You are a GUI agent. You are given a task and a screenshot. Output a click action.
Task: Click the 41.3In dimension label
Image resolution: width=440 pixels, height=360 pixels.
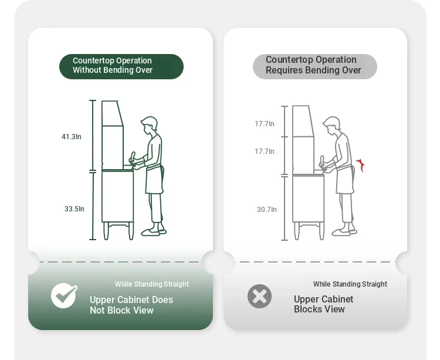(x=71, y=137)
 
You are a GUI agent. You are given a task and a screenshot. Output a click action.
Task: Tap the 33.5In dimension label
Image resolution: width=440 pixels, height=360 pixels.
(x=75, y=209)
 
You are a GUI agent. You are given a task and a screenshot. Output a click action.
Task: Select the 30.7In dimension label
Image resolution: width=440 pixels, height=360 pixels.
(x=266, y=210)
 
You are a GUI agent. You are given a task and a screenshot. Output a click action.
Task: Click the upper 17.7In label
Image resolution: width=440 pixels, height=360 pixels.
(x=265, y=124)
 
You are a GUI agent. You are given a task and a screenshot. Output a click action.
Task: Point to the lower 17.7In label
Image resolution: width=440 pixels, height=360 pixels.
(x=265, y=152)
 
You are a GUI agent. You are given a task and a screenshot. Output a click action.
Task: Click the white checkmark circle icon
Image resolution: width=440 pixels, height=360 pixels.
(x=64, y=296)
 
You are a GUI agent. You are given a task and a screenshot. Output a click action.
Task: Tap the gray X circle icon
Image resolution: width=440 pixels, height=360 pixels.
(x=259, y=296)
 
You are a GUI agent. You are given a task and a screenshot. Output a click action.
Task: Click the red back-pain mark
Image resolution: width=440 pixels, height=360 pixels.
(x=361, y=165)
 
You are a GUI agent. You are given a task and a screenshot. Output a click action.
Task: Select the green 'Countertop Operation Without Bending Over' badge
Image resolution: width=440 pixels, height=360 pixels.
(x=121, y=66)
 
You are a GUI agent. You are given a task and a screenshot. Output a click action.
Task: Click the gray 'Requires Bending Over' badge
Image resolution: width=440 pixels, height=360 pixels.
(x=315, y=66)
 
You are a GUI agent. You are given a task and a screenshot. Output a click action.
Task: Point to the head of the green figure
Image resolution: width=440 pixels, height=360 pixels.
(x=149, y=124)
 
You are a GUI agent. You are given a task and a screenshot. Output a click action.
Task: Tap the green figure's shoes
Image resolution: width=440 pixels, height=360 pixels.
(x=154, y=232)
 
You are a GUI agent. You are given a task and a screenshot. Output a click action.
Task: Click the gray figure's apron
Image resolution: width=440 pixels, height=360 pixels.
(x=345, y=180)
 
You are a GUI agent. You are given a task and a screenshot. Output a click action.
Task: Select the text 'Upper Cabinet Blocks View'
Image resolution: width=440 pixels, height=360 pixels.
(x=323, y=304)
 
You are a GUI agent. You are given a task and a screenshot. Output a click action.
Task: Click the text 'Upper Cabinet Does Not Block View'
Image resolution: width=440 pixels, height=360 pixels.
(x=131, y=305)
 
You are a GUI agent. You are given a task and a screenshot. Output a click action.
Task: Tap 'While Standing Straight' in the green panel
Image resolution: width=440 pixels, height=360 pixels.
(x=152, y=284)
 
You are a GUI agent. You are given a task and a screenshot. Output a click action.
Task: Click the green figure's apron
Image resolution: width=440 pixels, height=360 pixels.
(x=155, y=180)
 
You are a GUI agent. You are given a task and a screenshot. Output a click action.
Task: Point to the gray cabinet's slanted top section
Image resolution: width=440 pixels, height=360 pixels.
(x=303, y=121)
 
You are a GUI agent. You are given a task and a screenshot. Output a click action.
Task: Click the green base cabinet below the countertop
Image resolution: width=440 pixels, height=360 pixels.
(x=117, y=196)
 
